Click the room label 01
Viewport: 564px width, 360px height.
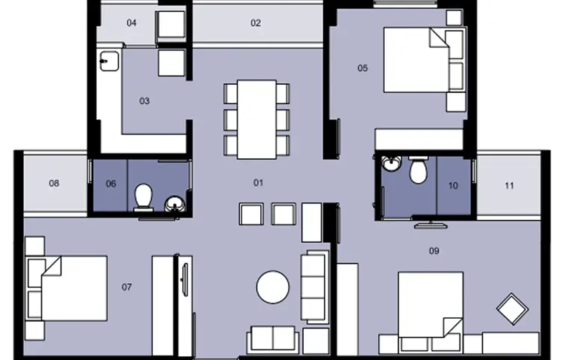click(258, 183)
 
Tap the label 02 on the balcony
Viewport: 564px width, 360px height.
click(256, 23)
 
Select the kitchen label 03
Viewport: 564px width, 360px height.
click(144, 101)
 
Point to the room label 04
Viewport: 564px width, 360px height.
click(132, 23)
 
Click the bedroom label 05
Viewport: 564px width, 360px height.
click(362, 68)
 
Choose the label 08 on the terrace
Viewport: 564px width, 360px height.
click(54, 184)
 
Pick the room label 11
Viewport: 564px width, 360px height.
click(509, 185)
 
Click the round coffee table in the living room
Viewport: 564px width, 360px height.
click(273, 287)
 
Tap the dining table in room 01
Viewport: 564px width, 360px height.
click(256, 119)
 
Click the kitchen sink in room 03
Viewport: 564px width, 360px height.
click(109, 61)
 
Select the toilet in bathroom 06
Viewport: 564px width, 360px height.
click(143, 197)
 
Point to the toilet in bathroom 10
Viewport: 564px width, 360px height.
click(418, 170)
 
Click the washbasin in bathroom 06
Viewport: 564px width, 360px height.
click(175, 205)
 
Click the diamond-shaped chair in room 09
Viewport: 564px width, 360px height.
click(512, 309)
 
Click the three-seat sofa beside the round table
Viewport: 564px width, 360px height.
click(315, 287)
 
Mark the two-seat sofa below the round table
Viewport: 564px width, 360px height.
click(273, 339)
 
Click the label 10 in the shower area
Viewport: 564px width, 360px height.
click(453, 185)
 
